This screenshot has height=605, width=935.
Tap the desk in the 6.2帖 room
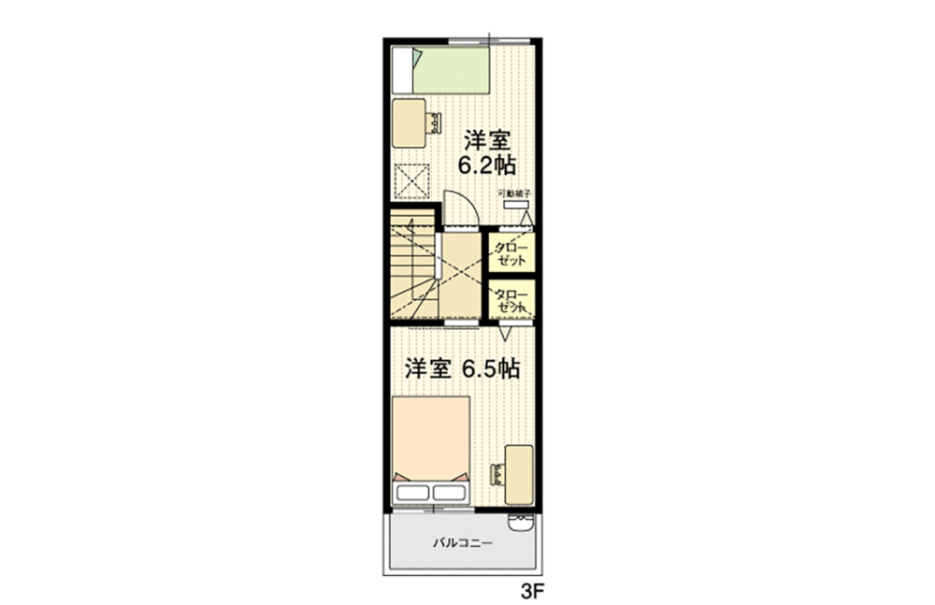click(x=408, y=122)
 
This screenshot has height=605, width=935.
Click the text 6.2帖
click(x=486, y=166)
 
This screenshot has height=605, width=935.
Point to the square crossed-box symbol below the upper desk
click(x=411, y=179)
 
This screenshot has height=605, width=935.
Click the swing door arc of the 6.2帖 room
click(x=460, y=208)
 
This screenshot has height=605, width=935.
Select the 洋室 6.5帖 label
click(x=462, y=368)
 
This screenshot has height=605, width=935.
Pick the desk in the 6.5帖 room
click(x=520, y=473)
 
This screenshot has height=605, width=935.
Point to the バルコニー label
click(x=462, y=542)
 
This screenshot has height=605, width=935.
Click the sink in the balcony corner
click(x=520, y=522)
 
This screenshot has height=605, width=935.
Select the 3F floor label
click(x=531, y=591)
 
